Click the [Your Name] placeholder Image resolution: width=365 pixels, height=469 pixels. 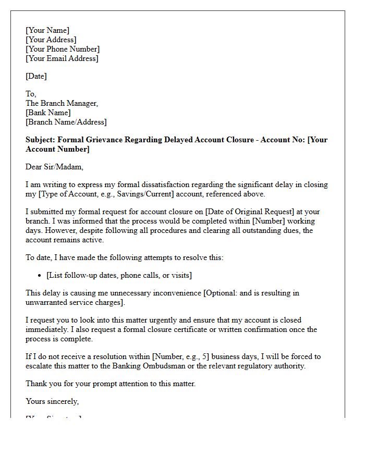47,30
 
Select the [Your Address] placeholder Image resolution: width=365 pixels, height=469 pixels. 51,40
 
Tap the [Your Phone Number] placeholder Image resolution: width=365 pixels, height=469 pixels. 63,49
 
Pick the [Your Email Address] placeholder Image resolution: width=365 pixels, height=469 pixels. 62,58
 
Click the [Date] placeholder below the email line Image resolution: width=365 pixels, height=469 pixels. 36,76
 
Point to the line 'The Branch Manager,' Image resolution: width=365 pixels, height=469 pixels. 62,103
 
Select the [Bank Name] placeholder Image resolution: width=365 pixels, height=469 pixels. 48,113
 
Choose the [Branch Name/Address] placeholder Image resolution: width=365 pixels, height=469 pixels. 66,122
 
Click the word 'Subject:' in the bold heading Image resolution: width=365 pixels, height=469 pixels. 41,140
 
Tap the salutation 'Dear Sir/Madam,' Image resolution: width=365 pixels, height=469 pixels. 54,167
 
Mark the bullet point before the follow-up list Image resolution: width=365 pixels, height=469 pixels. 40,275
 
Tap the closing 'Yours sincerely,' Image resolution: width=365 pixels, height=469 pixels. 52,401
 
